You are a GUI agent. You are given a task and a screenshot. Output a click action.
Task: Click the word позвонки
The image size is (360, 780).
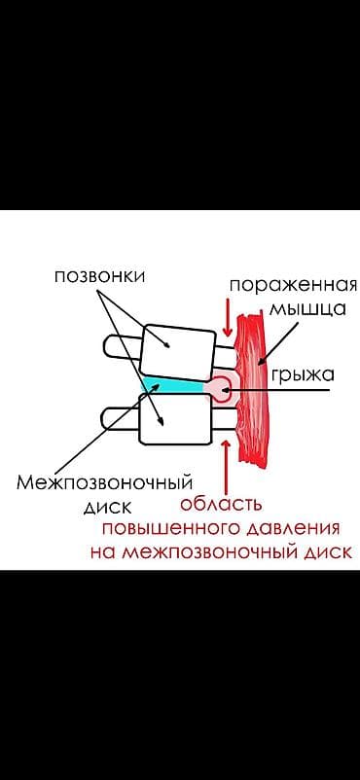tap(99, 276)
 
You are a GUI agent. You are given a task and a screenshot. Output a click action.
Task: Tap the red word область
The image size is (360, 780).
tap(222, 505)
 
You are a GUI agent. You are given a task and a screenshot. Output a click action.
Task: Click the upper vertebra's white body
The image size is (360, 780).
tap(178, 348)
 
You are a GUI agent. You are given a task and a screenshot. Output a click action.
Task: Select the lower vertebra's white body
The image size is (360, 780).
tap(175, 417)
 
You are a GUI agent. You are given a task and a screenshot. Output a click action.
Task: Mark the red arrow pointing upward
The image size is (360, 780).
tap(227, 464)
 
